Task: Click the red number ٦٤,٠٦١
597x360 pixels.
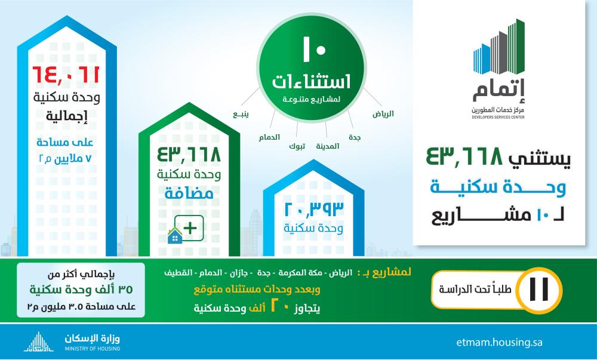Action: point(66,75)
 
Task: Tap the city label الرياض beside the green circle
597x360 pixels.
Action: point(383,114)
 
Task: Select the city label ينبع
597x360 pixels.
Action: point(241,114)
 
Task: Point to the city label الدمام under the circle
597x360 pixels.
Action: point(269,137)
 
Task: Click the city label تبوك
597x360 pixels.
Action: point(297,146)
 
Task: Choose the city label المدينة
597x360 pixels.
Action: point(327,146)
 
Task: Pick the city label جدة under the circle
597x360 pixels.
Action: point(355,137)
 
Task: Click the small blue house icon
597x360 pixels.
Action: point(175,236)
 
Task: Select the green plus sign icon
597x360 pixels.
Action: point(190,228)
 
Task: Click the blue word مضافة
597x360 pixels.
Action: point(189,193)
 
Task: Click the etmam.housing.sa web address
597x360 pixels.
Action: point(499,342)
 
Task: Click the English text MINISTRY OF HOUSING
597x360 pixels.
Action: point(92,349)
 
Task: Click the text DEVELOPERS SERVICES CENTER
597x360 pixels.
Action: point(498,117)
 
